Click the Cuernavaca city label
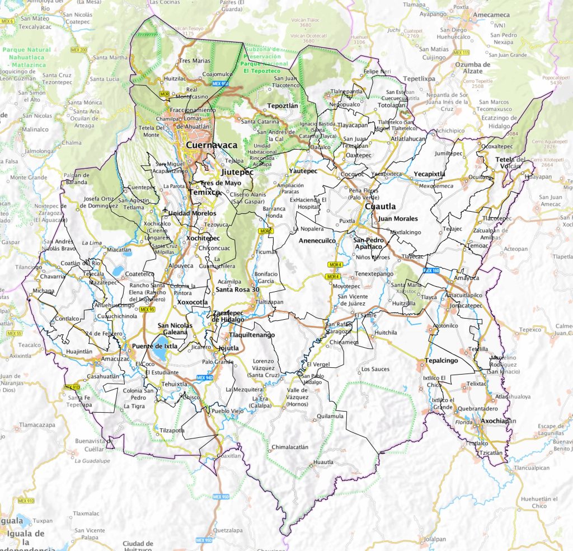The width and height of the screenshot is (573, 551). (212, 145)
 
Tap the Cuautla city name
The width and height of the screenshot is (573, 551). (380, 207)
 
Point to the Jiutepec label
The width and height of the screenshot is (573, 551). (237, 172)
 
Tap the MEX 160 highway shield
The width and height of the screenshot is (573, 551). (431, 270)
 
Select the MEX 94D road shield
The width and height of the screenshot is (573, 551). (205, 377)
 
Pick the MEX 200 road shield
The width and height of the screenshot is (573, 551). (80, 50)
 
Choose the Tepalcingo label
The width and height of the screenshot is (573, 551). (441, 361)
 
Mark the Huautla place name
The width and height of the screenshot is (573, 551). (323, 462)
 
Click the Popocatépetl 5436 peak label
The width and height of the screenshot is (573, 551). (548, 80)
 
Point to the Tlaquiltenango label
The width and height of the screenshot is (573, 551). (252, 335)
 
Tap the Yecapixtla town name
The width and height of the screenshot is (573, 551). (429, 174)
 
